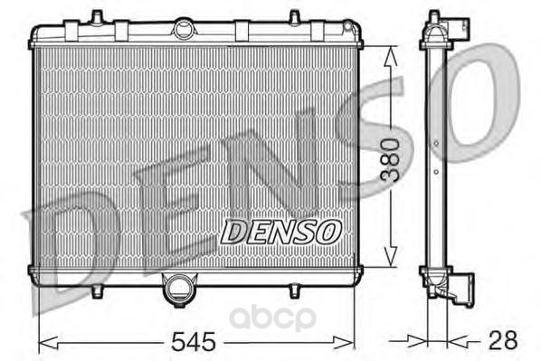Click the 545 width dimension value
coord(194,341)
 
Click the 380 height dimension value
coord(390,160)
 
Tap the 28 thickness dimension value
coord(503,339)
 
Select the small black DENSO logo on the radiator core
coord(280,232)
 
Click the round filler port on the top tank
coord(184,29)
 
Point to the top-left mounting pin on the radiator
coord(97,17)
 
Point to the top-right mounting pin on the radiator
coord(294,18)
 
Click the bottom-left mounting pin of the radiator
coord(98,291)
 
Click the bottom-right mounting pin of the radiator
coord(294,291)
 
